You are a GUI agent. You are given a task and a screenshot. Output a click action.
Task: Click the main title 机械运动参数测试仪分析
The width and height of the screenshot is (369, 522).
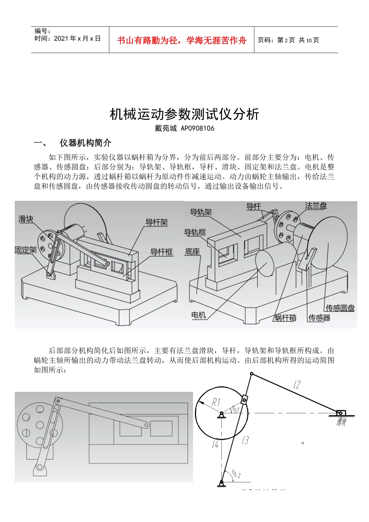tap(184, 115)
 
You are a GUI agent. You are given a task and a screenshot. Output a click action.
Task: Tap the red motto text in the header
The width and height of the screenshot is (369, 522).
tap(182, 40)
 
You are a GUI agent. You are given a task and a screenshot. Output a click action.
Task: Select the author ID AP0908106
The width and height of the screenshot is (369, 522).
tap(198, 128)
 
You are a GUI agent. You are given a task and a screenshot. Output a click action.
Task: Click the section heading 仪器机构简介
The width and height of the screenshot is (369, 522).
tap(85, 143)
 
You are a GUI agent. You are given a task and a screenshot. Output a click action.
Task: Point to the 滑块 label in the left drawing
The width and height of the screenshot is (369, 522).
tap(26, 219)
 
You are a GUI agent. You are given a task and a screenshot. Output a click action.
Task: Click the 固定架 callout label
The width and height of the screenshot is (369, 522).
tap(26, 250)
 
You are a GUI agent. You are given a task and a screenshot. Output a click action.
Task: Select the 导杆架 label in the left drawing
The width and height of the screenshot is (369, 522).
tap(157, 223)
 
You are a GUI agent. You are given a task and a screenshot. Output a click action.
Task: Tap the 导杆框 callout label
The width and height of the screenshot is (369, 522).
tap(162, 252)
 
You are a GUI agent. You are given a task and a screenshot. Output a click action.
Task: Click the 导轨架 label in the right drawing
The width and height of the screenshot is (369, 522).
tap(201, 212)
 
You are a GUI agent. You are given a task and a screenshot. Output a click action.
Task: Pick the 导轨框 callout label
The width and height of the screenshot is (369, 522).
tap(195, 232)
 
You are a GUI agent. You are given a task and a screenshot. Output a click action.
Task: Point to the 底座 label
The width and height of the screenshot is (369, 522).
tap(192, 252)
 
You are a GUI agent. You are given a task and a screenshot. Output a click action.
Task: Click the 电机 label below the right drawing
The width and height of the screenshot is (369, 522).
tap(198, 315)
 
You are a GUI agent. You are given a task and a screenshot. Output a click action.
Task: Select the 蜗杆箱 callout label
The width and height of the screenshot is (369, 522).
tap(285, 318)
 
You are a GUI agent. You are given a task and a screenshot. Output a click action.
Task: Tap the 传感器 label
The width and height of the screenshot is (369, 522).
tap(319, 318)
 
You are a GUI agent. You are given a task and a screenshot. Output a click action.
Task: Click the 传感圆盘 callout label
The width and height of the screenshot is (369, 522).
tap(340, 308)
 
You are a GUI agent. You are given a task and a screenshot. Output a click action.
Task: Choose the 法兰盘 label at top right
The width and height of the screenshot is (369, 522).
tap(316, 206)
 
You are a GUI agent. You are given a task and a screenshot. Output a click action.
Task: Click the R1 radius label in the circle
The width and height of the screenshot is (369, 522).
tap(216, 402)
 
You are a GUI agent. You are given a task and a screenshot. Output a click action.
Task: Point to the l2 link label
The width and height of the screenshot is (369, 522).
tap(297, 385)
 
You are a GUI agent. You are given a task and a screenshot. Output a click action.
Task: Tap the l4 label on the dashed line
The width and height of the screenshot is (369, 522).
tap(215, 444)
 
